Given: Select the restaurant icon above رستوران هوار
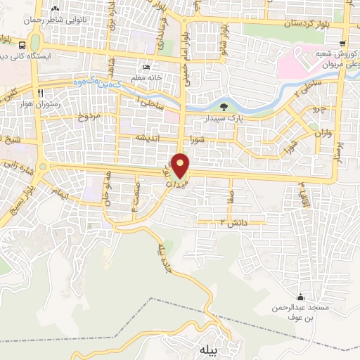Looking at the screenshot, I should [x=42, y=92].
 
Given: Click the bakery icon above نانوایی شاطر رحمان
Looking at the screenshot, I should [x=56, y=10].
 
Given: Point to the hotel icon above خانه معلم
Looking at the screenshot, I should [x=146, y=67].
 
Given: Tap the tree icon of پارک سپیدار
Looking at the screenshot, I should [x=224, y=108].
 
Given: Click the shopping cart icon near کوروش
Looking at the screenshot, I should [x=343, y=43].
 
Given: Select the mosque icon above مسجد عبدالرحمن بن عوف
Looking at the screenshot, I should [x=301, y=296].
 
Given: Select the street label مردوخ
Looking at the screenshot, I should [x=87, y=115].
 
